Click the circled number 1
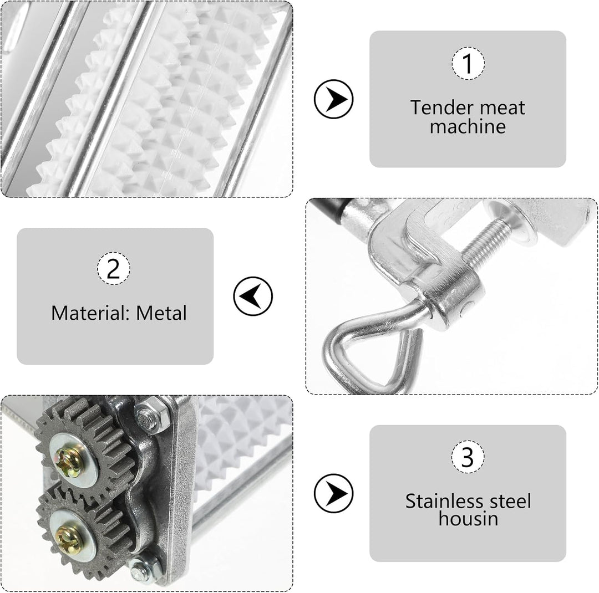tap(468, 63)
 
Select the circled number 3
tap(468, 457)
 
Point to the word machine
tap(468, 126)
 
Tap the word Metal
tap(161, 313)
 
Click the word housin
tap(468, 519)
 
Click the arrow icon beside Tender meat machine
tap(333, 99)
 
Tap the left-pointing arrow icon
tap(253, 296)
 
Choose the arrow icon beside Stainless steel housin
tap(333, 493)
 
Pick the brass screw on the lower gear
tap(69, 540)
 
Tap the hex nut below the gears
tap(145, 569)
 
